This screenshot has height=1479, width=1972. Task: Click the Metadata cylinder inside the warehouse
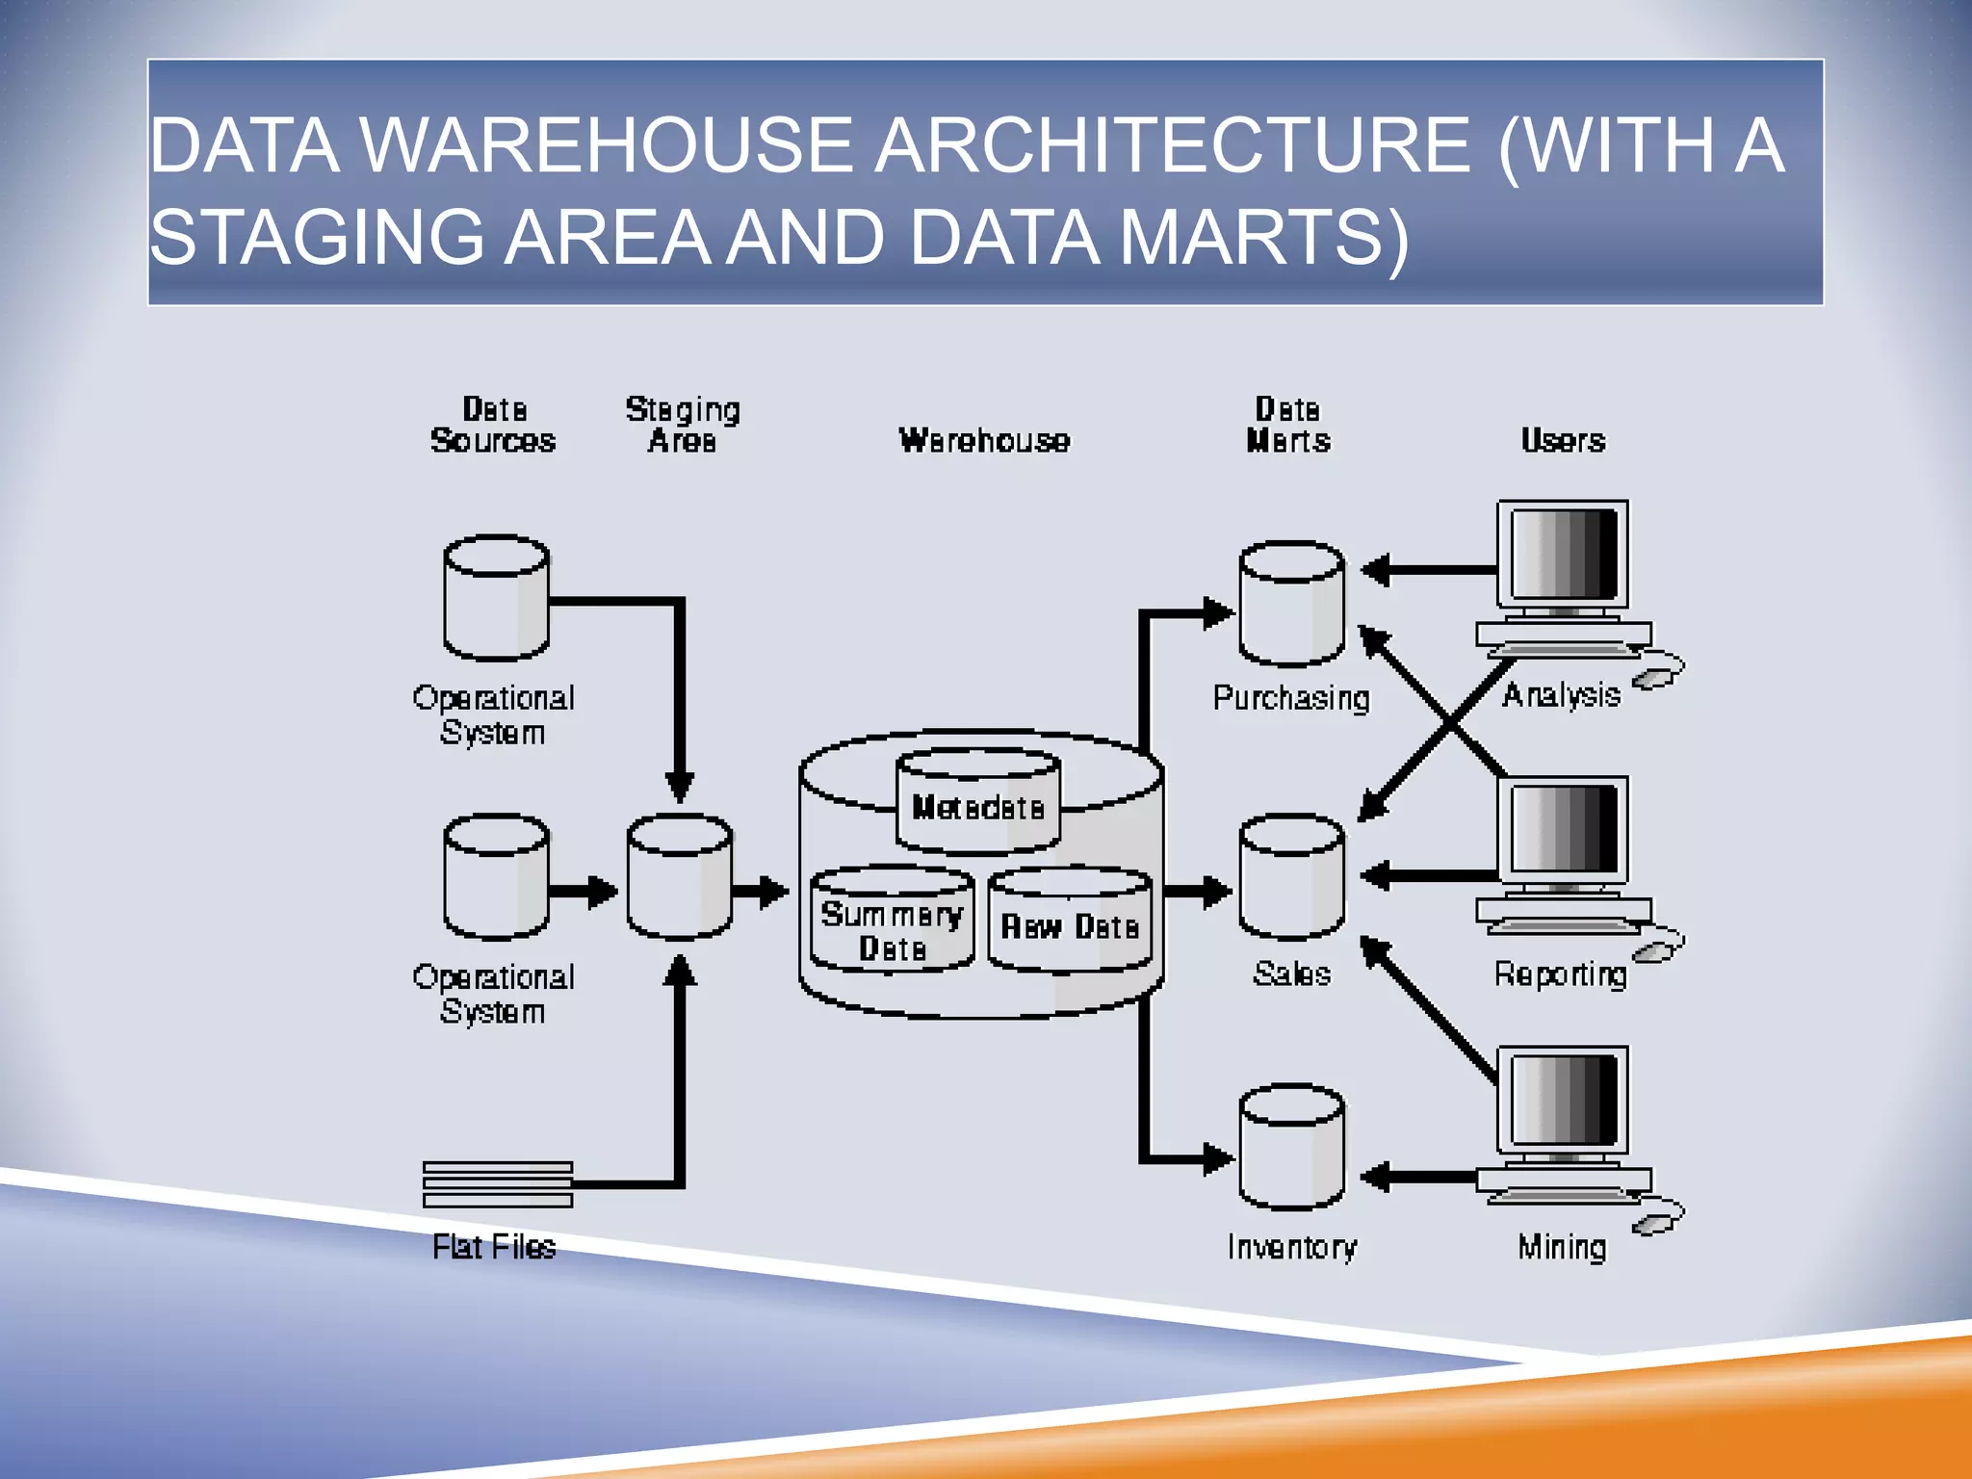click(x=977, y=803)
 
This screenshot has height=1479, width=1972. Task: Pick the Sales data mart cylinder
click(x=1291, y=877)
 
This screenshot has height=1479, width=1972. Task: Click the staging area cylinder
click(x=679, y=877)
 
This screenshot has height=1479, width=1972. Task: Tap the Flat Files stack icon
click(x=498, y=1184)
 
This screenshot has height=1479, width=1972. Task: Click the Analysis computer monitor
click(x=1563, y=557)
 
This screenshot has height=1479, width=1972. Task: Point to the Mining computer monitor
click(x=1563, y=1102)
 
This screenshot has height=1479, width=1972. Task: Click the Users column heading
click(x=1563, y=440)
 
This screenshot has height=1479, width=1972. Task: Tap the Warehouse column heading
click(x=984, y=440)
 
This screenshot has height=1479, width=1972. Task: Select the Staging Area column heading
click(x=683, y=425)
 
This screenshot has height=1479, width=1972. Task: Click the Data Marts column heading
click(x=1287, y=425)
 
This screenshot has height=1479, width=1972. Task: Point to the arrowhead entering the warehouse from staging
click(x=774, y=892)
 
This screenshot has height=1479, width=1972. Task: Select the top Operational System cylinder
click(x=496, y=598)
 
